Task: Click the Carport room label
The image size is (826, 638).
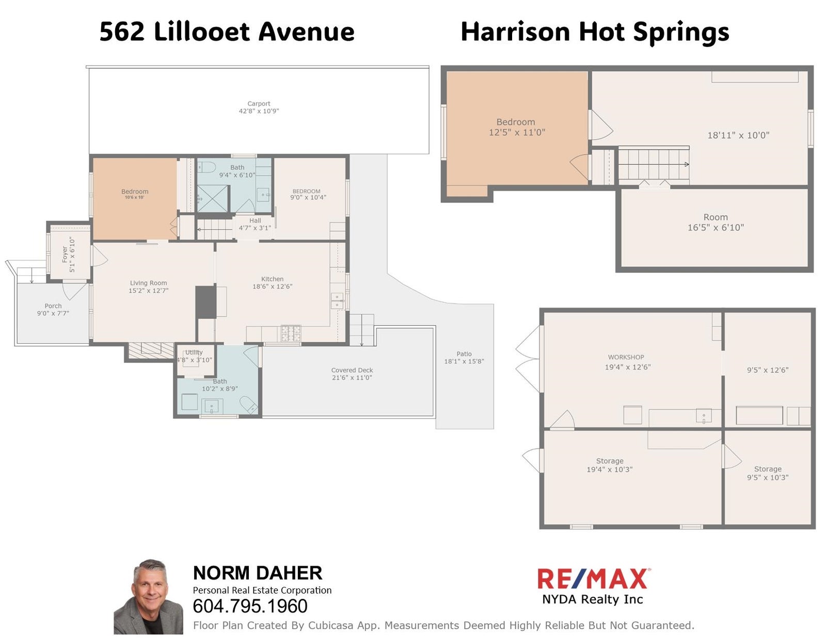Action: coord(259,104)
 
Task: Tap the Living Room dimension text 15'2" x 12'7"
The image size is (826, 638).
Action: coord(148,291)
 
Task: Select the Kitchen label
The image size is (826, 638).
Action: coord(272,279)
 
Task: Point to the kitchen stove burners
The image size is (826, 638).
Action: coord(291,333)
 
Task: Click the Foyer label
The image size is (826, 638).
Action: coord(65,254)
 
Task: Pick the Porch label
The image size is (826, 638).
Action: coord(53,306)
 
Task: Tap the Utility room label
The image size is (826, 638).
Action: coord(194,352)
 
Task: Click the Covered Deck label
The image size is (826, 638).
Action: coord(352,370)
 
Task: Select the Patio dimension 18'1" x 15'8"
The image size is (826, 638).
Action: coord(464,361)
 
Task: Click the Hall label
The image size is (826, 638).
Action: coord(255,221)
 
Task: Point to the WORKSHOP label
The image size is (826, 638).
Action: coord(626,357)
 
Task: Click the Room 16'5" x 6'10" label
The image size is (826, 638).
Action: coord(716,222)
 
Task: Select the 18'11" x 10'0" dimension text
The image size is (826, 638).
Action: coord(738,135)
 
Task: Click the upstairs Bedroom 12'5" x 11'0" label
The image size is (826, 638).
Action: coord(517,127)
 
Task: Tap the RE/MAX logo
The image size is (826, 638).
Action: coord(593,579)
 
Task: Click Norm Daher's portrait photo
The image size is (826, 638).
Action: coord(149,597)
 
